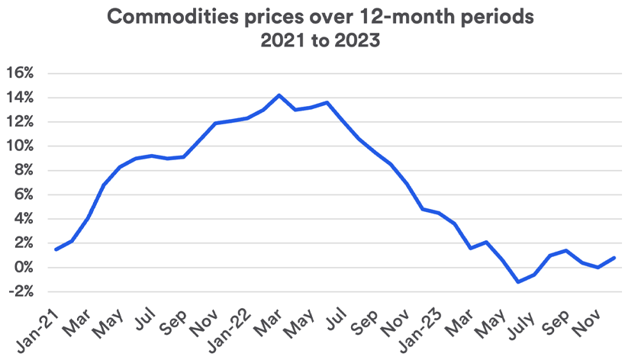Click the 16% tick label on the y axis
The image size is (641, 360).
pyautogui.click(x=20, y=73)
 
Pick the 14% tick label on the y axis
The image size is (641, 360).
pyautogui.click(x=20, y=98)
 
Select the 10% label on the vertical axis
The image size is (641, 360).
pyautogui.click(x=20, y=146)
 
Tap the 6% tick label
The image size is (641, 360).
pyautogui.click(x=23, y=194)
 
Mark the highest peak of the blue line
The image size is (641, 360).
pyautogui.click(x=279, y=95)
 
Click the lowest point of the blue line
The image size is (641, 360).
pyautogui.click(x=519, y=282)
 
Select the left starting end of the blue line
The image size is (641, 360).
pyautogui.click(x=56, y=249)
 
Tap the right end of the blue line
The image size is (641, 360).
pyautogui.click(x=615, y=258)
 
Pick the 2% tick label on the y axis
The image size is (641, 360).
pyautogui.click(x=23, y=243)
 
